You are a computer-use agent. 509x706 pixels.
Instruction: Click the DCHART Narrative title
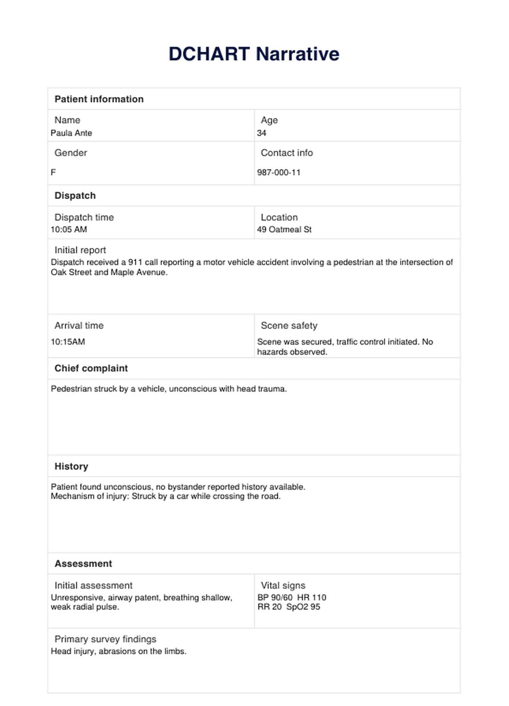click(254, 54)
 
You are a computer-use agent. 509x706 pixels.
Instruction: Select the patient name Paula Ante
click(71, 133)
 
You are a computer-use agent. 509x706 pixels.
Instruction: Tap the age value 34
click(261, 133)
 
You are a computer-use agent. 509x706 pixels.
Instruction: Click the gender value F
click(53, 172)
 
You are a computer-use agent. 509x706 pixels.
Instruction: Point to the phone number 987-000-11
click(279, 172)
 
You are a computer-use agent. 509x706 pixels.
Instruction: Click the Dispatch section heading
click(75, 196)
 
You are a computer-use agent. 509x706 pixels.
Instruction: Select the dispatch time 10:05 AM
click(69, 230)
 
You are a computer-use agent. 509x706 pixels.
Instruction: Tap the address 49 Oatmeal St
click(284, 230)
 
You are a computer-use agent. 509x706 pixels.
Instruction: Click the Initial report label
click(80, 250)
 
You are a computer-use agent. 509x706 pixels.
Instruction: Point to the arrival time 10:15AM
click(68, 342)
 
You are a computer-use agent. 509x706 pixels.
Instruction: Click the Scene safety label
click(289, 326)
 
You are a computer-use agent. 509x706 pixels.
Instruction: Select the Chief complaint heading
click(91, 369)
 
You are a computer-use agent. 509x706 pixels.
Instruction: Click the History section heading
click(71, 466)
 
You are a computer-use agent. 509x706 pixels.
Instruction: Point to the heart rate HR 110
click(312, 597)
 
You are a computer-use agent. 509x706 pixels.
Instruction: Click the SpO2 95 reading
click(303, 607)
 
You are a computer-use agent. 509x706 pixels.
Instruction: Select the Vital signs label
click(283, 586)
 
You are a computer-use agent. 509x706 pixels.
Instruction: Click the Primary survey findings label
click(105, 639)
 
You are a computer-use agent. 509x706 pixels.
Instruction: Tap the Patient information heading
click(99, 99)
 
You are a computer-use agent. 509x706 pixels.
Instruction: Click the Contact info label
click(287, 153)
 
